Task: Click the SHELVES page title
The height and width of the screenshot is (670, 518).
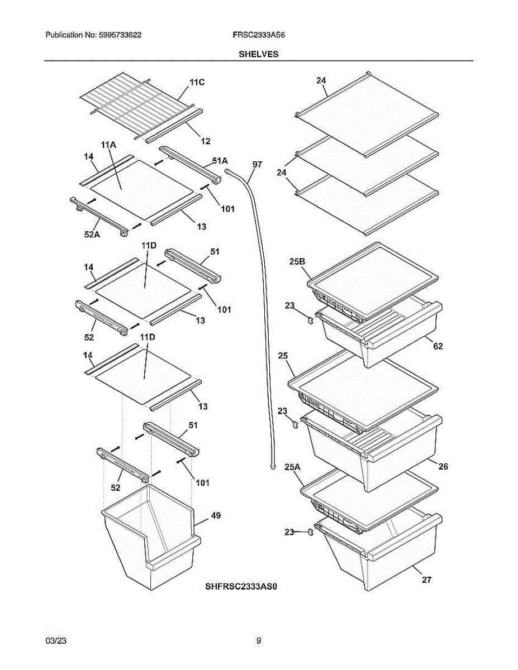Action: (259, 54)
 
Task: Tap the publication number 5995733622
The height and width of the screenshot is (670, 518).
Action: (121, 35)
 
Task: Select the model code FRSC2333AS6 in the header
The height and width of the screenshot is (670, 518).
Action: (259, 35)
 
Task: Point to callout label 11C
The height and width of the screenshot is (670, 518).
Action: (197, 83)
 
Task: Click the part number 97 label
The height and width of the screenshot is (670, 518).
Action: (257, 165)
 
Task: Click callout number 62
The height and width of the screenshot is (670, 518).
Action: (438, 346)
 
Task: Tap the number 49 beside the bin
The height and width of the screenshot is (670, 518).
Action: (215, 516)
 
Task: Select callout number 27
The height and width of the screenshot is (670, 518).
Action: (426, 580)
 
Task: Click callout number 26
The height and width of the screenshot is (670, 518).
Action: (443, 466)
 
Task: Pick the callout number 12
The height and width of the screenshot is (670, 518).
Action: (205, 141)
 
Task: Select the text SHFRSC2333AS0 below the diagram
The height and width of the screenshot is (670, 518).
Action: (241, 587)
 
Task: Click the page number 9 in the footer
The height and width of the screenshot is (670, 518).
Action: (259, 641)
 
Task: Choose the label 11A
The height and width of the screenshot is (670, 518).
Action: (108, 145)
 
